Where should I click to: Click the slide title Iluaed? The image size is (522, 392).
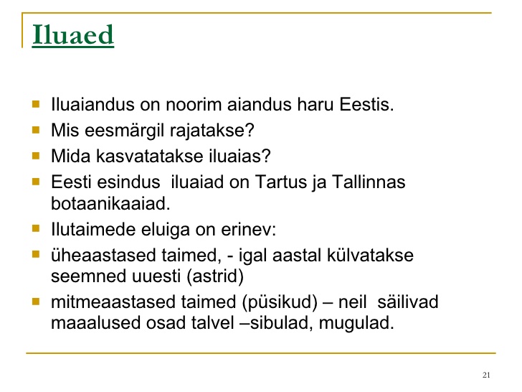pos(73,34)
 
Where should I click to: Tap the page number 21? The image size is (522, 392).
pos(486,375)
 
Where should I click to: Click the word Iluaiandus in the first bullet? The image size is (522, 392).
pos(92,104)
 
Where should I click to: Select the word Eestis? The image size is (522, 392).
pos(366,104)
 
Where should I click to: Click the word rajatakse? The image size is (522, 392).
pos(212,131)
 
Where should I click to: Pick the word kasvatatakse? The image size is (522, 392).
pos(149,156)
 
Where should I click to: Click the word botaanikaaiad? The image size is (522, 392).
pos(110,203)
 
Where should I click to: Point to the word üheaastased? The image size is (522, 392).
pos(103,256)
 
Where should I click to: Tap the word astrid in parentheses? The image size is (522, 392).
pos(215,276)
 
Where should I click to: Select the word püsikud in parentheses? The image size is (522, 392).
pos(280,302)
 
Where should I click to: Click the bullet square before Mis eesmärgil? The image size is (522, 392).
pos(36,129)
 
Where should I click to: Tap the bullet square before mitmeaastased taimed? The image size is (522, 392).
pos(36,302)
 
